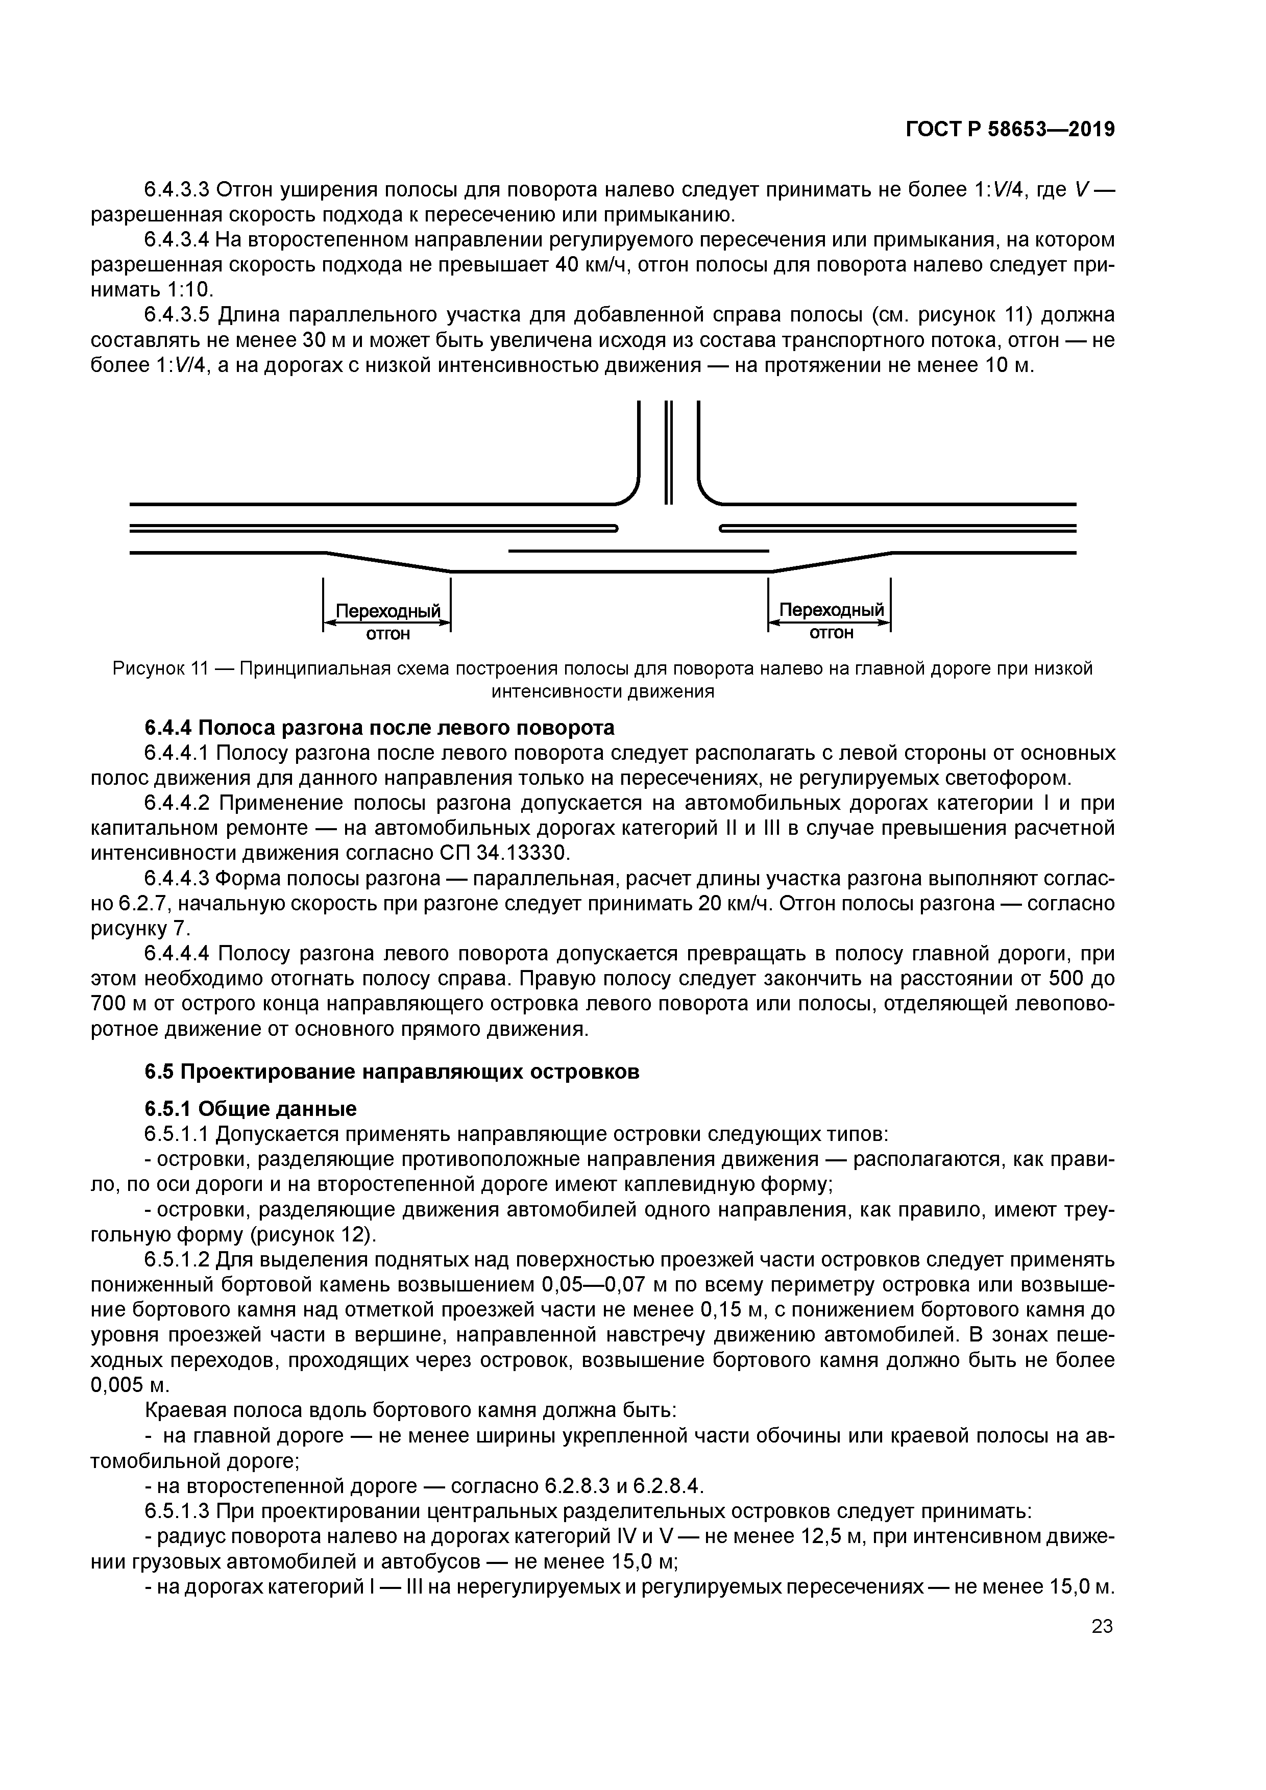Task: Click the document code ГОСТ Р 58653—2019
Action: coord(1010,130)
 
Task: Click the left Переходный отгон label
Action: coord(387,621)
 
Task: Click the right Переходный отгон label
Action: coord(831,620)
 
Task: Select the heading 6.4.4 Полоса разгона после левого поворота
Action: coord(379,728)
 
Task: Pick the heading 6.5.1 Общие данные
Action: coord(250,1109)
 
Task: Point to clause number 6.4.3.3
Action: coord(177,189)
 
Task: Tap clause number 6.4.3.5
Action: coord(177,315)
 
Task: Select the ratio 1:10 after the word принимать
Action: coord(189,290)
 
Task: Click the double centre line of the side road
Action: coord(668,452)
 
